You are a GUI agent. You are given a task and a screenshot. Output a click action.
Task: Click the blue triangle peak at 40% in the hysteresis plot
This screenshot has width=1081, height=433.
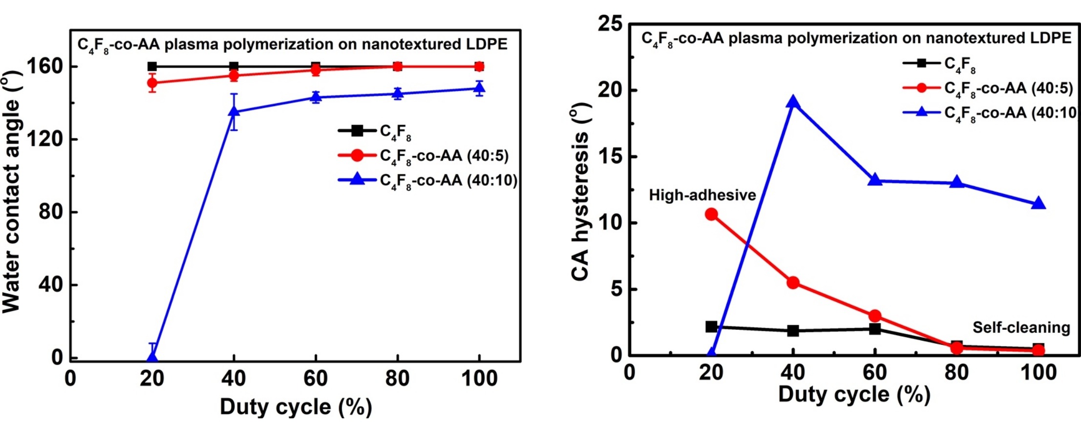coord(793,103)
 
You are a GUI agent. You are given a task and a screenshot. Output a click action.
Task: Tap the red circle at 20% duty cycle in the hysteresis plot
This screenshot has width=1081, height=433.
coord(711,215)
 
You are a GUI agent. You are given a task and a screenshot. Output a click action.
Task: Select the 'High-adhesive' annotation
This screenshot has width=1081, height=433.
coord(702,195)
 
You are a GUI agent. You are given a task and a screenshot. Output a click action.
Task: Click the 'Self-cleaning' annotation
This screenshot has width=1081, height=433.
coord(1021,327)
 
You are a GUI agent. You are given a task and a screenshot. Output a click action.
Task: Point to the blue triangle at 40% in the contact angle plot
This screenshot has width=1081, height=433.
coord(234,111)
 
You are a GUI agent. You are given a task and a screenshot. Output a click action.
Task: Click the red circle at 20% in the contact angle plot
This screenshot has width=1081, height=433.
coord(152,83)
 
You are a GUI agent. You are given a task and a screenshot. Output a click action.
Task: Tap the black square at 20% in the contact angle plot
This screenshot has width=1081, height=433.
coord(152,66)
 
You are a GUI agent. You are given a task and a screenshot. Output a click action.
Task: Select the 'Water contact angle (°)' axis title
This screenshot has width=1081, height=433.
coord(12,192)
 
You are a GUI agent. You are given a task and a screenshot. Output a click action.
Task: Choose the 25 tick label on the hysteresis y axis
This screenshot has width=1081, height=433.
coord(610,24)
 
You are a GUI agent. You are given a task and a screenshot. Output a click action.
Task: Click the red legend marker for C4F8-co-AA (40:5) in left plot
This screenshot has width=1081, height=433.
coord(357,155)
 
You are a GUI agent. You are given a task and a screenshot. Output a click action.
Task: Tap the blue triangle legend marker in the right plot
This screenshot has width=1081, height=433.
coord(921,112)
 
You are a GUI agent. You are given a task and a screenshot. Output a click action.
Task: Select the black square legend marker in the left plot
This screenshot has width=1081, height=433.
coord(357,130)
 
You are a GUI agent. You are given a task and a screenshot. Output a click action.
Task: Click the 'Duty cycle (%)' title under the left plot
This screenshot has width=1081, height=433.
coord(296,407)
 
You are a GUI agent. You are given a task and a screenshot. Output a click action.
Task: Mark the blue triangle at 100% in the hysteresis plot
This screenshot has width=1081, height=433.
coord(1039,203)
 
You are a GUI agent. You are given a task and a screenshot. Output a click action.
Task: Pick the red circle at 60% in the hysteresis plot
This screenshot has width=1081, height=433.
coord(875,316)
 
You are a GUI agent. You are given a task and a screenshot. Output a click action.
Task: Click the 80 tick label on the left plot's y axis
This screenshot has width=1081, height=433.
coord(51,212)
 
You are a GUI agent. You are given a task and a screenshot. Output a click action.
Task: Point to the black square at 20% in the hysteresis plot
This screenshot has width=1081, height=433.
coord(711,326)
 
